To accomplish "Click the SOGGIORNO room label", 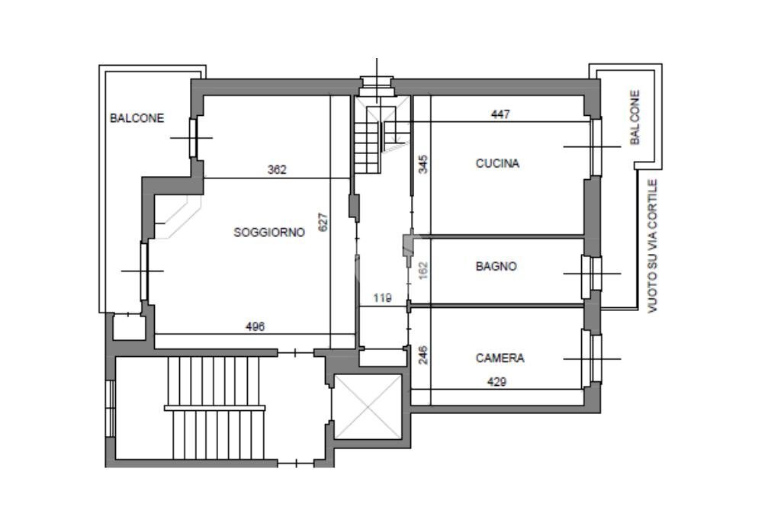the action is tap(269, 232).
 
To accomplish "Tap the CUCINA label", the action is tap(497, 163).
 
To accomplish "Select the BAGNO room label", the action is tap(496, 266).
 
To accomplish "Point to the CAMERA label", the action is tap(500, 358).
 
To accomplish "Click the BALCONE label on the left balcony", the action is tap(137, 118).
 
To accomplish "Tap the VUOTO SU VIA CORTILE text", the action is tap(653, 246).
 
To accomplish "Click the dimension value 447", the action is tap(500, 114).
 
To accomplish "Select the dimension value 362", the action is tap(277, 169).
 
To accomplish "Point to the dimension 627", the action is tap(323, 222).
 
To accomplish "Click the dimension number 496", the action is tap(255, 326).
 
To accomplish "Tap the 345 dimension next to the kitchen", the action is tap(423, 164).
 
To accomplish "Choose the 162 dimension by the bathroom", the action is tap(423, 271).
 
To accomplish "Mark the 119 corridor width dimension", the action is tap(383, 298).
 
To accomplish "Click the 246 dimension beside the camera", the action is tap(423, 355).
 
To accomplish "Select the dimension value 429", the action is tap(497, 381).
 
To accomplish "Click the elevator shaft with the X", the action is tap(368, 407).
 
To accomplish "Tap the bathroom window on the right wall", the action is tap(592, 273).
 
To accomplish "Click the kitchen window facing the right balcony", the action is tap(596, 147).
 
